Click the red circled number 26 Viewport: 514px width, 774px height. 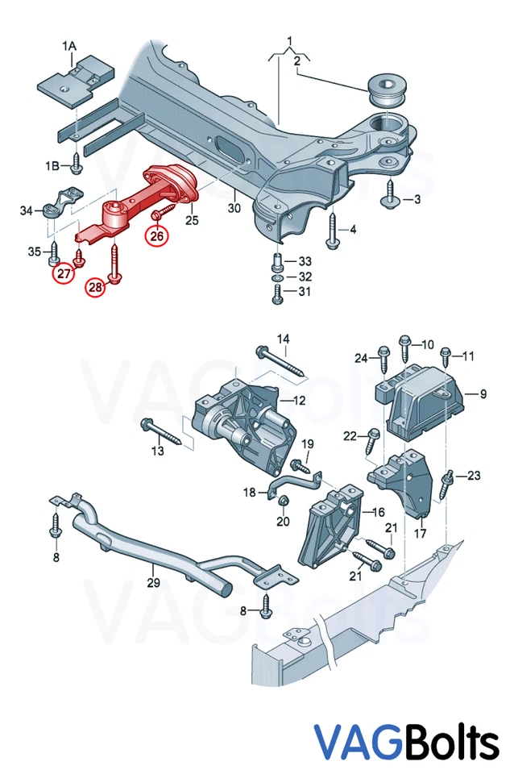point(155,236)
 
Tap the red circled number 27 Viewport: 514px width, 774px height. point(63,274)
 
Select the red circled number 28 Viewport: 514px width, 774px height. point(96,286)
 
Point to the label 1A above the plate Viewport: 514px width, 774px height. point(71,47)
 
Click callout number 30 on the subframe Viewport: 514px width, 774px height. point(234,208)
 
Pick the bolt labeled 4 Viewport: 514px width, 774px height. point(333,230)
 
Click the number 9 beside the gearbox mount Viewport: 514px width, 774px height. point(483,394)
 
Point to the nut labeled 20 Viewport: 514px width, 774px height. point(283,504)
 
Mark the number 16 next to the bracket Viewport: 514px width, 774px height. point(377,511)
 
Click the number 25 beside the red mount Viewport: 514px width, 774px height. point(192,219)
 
